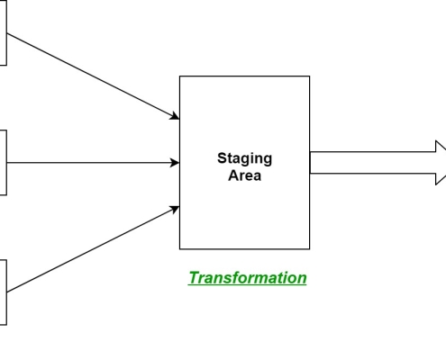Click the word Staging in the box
pos(244,159)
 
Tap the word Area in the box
pos(244,175)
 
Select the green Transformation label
pos(248,278)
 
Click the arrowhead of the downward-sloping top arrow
pos(175,116)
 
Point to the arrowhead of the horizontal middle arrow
pos(175,163)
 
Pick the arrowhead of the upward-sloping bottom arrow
pos(175,209)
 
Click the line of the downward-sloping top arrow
pos(89,75)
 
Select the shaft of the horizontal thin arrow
pos(89,163)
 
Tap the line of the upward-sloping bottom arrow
pos(89,250)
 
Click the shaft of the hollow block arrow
pos(373,163)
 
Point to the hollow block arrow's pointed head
pos(441,163)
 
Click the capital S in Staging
pos(223,158)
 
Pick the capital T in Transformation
pos(195,277)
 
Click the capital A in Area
pos(233,175)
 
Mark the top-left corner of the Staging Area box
pos(179,76)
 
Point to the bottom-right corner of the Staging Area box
pos(310,249)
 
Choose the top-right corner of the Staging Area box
pos(310,76)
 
